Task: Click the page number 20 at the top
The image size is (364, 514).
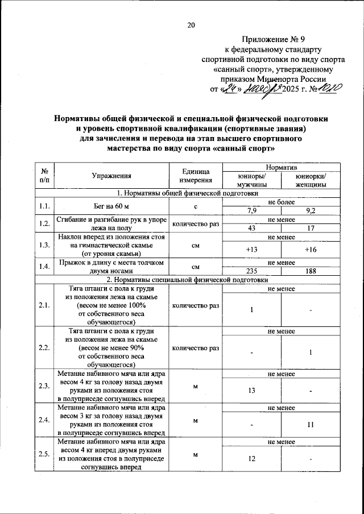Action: pos(191,24)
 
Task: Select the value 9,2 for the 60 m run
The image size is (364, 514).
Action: pos(311,211)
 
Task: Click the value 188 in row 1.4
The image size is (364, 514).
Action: pos(311,271)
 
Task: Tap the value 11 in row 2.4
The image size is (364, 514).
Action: pos(311,425)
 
